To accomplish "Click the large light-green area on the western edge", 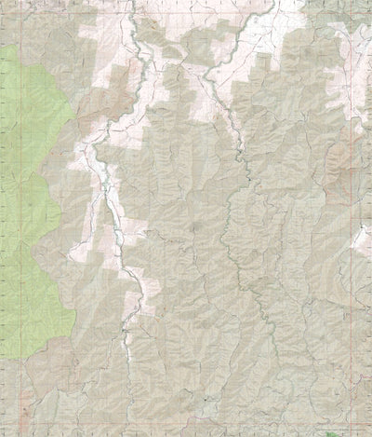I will (x=33, y=186).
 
